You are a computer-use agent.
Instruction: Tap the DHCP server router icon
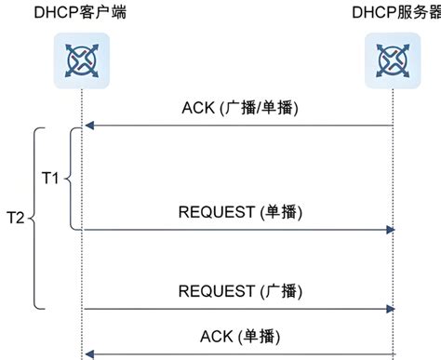tap(392, 60)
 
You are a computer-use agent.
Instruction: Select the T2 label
tap(13, 219)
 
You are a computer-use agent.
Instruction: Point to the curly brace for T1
tap(73, 179)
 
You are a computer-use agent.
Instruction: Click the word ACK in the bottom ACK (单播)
tap(217, 335)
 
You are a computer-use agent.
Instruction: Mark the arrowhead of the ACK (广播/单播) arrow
tap(87, 126)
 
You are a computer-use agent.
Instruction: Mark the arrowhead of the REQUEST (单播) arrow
tap(392, 229)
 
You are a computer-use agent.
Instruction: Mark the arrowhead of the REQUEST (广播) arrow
tap(392, 309)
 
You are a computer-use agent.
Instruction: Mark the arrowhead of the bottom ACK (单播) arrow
tap(87, 353)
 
